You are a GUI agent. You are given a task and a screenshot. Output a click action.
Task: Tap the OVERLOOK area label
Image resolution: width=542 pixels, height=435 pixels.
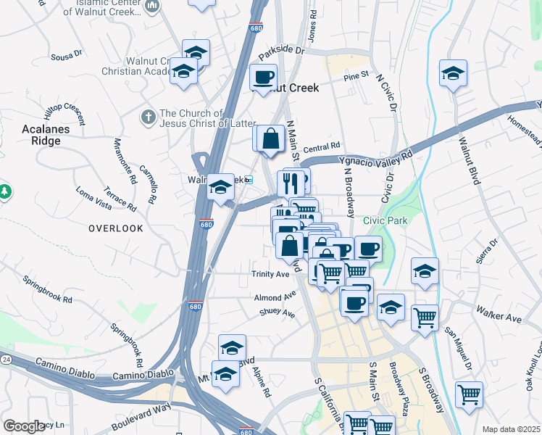[116, 228]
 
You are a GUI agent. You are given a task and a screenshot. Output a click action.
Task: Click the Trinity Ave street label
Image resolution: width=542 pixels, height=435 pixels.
[270, 274]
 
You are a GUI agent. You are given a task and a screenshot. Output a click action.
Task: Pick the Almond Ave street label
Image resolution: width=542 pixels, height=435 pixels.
[275, 297]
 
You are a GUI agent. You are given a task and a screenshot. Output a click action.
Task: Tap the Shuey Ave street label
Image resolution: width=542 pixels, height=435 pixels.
[278, 314]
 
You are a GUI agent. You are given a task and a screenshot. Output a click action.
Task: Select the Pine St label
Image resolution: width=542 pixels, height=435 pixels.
[357, 75]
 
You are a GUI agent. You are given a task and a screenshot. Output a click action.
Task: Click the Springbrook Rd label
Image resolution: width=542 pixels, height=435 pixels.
[48, 289]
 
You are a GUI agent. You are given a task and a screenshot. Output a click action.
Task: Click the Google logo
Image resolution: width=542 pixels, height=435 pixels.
[24, 426]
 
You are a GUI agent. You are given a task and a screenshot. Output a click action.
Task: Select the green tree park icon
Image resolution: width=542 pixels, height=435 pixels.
[5, 192]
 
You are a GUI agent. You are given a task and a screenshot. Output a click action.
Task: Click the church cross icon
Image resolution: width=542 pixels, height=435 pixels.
[149, 117]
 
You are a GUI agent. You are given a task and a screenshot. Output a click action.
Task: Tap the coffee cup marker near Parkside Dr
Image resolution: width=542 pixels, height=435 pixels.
[263, 76]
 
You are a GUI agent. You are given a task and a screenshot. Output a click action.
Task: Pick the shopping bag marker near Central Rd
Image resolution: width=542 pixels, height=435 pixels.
[270, 137]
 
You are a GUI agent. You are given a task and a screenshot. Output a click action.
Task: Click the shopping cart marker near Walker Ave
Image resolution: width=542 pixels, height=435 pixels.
[425, 317]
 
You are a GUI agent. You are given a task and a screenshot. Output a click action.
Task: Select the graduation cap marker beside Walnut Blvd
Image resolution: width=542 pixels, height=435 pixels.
[453, 73]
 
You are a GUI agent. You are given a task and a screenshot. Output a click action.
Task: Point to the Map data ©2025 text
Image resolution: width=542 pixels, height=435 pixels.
[511, 429]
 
